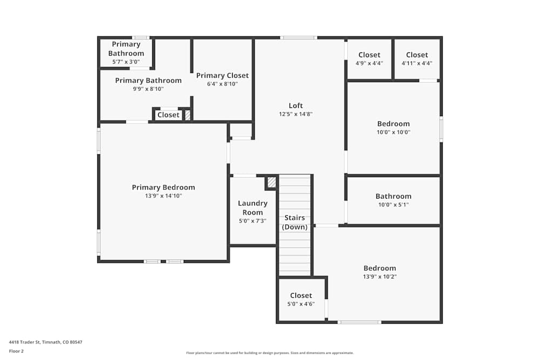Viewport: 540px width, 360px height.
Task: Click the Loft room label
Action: click(295, 106)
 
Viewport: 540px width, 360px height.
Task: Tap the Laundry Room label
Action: click(253, 208)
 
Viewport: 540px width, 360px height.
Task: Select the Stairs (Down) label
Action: click(295, 222)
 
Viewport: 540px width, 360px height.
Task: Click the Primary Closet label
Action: click(222, 76)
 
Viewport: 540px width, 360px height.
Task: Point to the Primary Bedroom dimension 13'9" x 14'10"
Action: click(164, 196)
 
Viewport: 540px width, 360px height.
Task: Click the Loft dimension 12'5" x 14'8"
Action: click(296, 114)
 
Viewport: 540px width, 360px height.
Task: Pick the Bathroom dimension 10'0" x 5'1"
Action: click(394, 205)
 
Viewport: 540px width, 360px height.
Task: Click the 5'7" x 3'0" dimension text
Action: click(125, 62)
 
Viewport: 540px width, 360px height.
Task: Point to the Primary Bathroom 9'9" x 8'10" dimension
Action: click(148, 89)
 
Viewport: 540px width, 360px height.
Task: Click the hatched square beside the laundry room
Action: click(272, 182)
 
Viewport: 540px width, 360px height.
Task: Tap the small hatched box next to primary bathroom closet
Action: click(188, 115)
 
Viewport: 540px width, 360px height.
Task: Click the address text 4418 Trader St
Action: click(45, 342)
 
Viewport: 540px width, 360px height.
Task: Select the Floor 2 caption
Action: click(16, 351)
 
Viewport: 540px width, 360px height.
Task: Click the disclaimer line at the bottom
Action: click(270, 353)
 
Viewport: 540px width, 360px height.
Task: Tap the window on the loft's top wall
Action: click(298, 38)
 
